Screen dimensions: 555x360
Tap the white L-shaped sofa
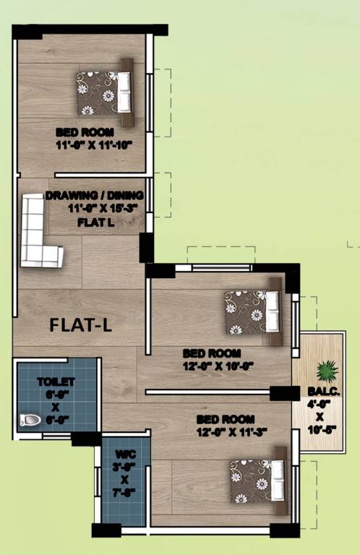pos(38,231)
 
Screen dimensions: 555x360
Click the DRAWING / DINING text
pos(95,196)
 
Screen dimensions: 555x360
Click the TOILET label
pos(56,381)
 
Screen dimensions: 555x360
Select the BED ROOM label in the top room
pos(85,133)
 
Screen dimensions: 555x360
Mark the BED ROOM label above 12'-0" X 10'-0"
pos(209,353)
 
